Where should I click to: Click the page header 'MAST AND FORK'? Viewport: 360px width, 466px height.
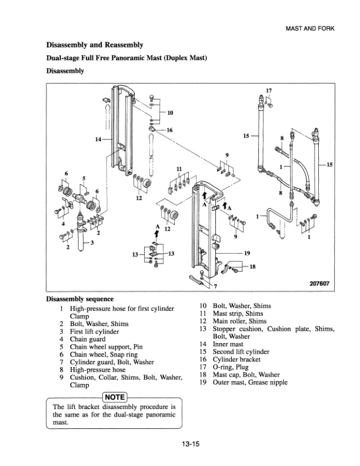tap(313, 29)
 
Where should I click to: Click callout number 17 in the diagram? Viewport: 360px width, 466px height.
tap(269, 90)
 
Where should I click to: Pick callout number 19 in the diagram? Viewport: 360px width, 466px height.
tap(247, 253)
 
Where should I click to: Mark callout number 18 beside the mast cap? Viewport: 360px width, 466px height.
tap(253, 266)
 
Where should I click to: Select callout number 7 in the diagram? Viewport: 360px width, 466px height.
tap(215, 287)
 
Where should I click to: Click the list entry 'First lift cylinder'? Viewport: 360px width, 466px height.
tap(95, 332)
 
